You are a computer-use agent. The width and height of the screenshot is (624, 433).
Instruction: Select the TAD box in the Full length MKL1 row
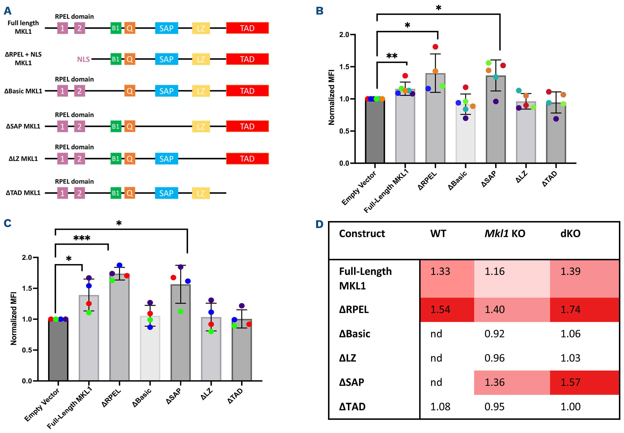point(247,28)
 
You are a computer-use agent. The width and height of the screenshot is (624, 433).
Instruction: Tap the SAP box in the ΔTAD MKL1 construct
point(166,193)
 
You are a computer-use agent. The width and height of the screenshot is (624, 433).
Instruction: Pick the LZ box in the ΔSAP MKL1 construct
point(201,126)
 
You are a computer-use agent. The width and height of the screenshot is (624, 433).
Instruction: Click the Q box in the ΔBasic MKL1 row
point(130,91)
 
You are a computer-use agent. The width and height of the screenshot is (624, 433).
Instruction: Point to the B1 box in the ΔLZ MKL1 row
point(116,159)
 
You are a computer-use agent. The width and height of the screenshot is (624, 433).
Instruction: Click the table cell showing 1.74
point(570,309)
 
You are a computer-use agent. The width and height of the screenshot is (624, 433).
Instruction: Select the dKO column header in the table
point(570,234)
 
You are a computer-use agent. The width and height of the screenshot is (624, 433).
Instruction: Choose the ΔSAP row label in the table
point(351,382)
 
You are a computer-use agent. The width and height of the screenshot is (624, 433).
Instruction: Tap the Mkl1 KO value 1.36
point(494,382)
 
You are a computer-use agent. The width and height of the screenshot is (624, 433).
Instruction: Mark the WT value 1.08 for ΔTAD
point(440,407)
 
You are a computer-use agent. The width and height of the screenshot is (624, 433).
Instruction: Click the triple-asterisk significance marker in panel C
point(82,238)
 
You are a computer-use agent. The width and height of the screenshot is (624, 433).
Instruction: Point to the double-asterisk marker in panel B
point(392,56)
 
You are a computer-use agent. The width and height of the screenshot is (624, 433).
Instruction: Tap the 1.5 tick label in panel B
point(344,67)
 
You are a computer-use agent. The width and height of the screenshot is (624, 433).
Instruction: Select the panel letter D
point(320,224)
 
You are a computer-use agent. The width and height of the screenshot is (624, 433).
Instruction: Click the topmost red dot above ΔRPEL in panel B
point(435,47)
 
